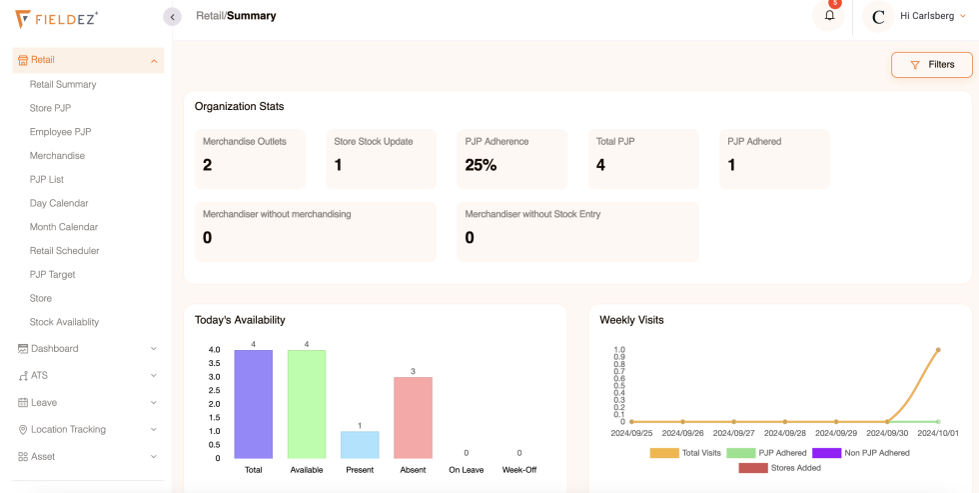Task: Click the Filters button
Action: [x=931, y=65]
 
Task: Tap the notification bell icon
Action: [x=828, y=16]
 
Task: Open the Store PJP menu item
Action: [x=50, y=108]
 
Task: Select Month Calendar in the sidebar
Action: [x=64, y=227]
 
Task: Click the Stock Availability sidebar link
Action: [x=64, y=322]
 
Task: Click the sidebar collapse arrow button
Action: [x=172, y=16]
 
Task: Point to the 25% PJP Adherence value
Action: [x=481, y=165]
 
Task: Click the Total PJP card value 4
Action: [x=600, y=165]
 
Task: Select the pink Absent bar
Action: [x=413, y=417]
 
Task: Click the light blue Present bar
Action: [x=360, y=445]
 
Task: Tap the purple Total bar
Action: [x=254, y=404]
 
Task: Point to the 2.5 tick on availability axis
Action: [x=214, y=390]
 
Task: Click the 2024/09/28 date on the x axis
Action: [x=785, y=433]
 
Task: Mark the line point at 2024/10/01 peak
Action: [x=938, y=350]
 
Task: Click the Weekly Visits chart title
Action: [x=631, y=320]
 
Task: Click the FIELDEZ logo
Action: [x=57, y=18]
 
